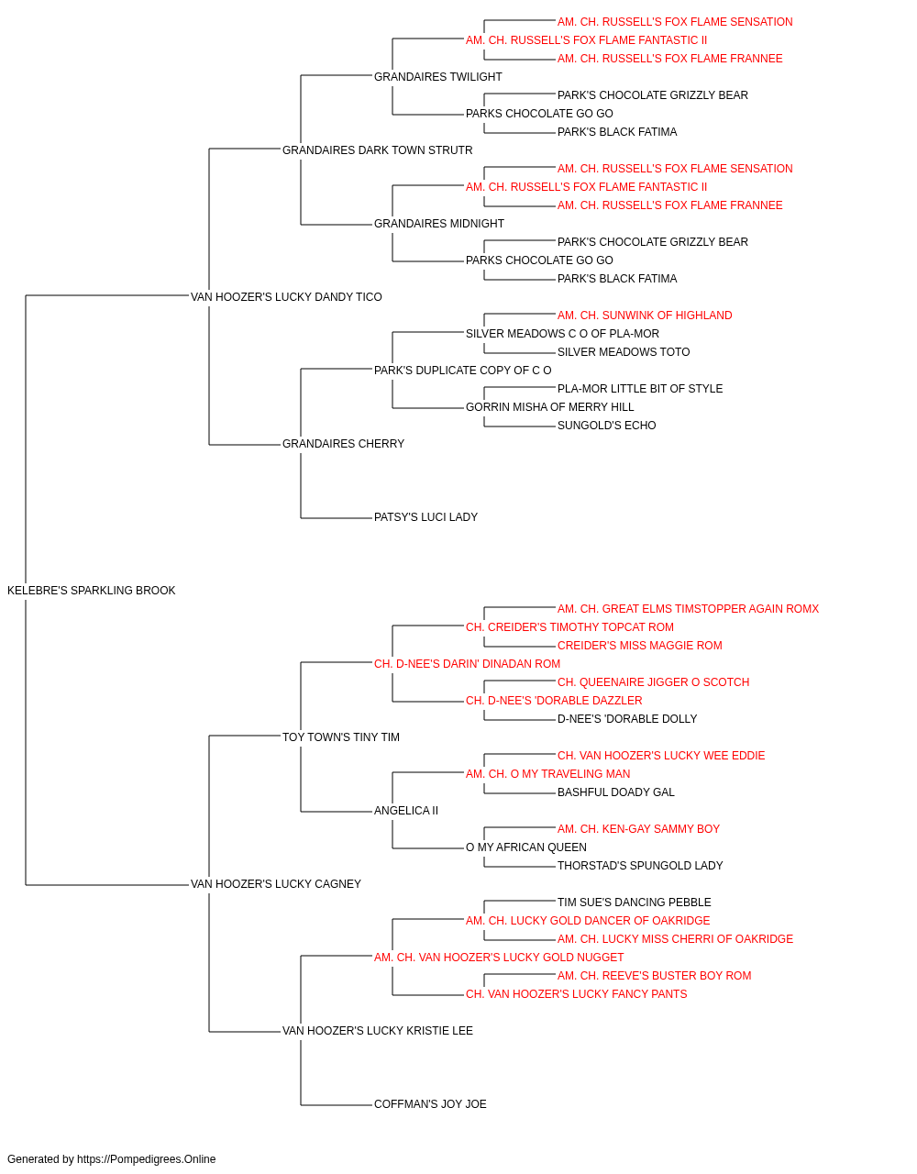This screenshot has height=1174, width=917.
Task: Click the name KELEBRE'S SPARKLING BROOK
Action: click(92, 591)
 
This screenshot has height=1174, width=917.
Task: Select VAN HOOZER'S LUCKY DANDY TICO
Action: click(286, 297)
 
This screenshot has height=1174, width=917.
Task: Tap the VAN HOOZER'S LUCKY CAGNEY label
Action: click(276, 884)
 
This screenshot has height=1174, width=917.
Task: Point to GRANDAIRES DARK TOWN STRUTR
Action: click(378, 150)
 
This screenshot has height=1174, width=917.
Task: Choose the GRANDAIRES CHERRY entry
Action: click(344, 444)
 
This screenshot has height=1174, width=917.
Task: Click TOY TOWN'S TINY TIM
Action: click(341, 737)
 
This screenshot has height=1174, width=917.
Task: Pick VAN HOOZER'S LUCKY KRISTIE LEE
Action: click(378, 1031)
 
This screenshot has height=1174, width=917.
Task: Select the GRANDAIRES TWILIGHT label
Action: click(438, 77)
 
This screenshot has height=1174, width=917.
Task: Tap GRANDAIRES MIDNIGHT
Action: click(439, 224)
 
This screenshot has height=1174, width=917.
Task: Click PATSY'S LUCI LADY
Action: click(426, 517)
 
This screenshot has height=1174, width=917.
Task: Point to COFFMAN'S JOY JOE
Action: click(430, 1104)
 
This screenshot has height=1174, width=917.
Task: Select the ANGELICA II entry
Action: click(406, 811)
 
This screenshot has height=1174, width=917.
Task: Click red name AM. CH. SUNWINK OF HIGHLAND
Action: click(645, 316)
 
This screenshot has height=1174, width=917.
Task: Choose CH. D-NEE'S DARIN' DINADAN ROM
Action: click(467, 664)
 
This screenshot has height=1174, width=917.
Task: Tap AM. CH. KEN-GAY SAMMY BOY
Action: click(639, 829)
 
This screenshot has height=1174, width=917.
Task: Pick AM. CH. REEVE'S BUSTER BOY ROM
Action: click(655, 976)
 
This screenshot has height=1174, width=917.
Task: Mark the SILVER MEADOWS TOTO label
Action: click(624, 352)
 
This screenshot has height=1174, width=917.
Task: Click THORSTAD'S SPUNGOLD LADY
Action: click(640, 866)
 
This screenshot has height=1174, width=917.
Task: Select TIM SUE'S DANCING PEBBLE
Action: click(635, 903)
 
